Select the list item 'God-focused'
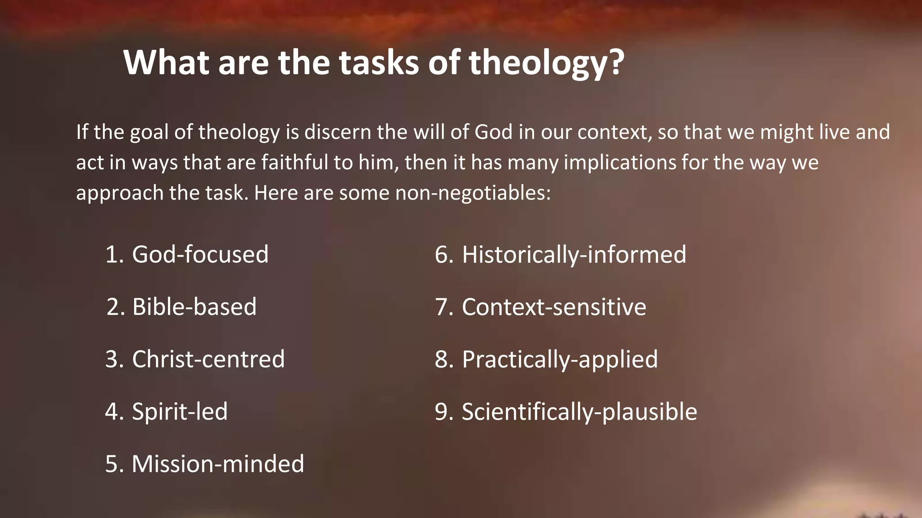click(200, 254)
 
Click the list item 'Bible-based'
click(194, 307)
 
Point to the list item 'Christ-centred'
click(208, 359)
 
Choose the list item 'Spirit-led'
click(180, 411)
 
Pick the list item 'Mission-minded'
click(218, 464)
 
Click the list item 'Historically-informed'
click(574, 254)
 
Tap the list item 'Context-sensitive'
click(554, 307)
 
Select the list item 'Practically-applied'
click(560, 359)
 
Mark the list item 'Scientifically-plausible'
click(579, 411)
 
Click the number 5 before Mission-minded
click(112, 464)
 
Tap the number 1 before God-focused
click(112, 254)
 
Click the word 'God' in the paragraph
click(494, 132)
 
